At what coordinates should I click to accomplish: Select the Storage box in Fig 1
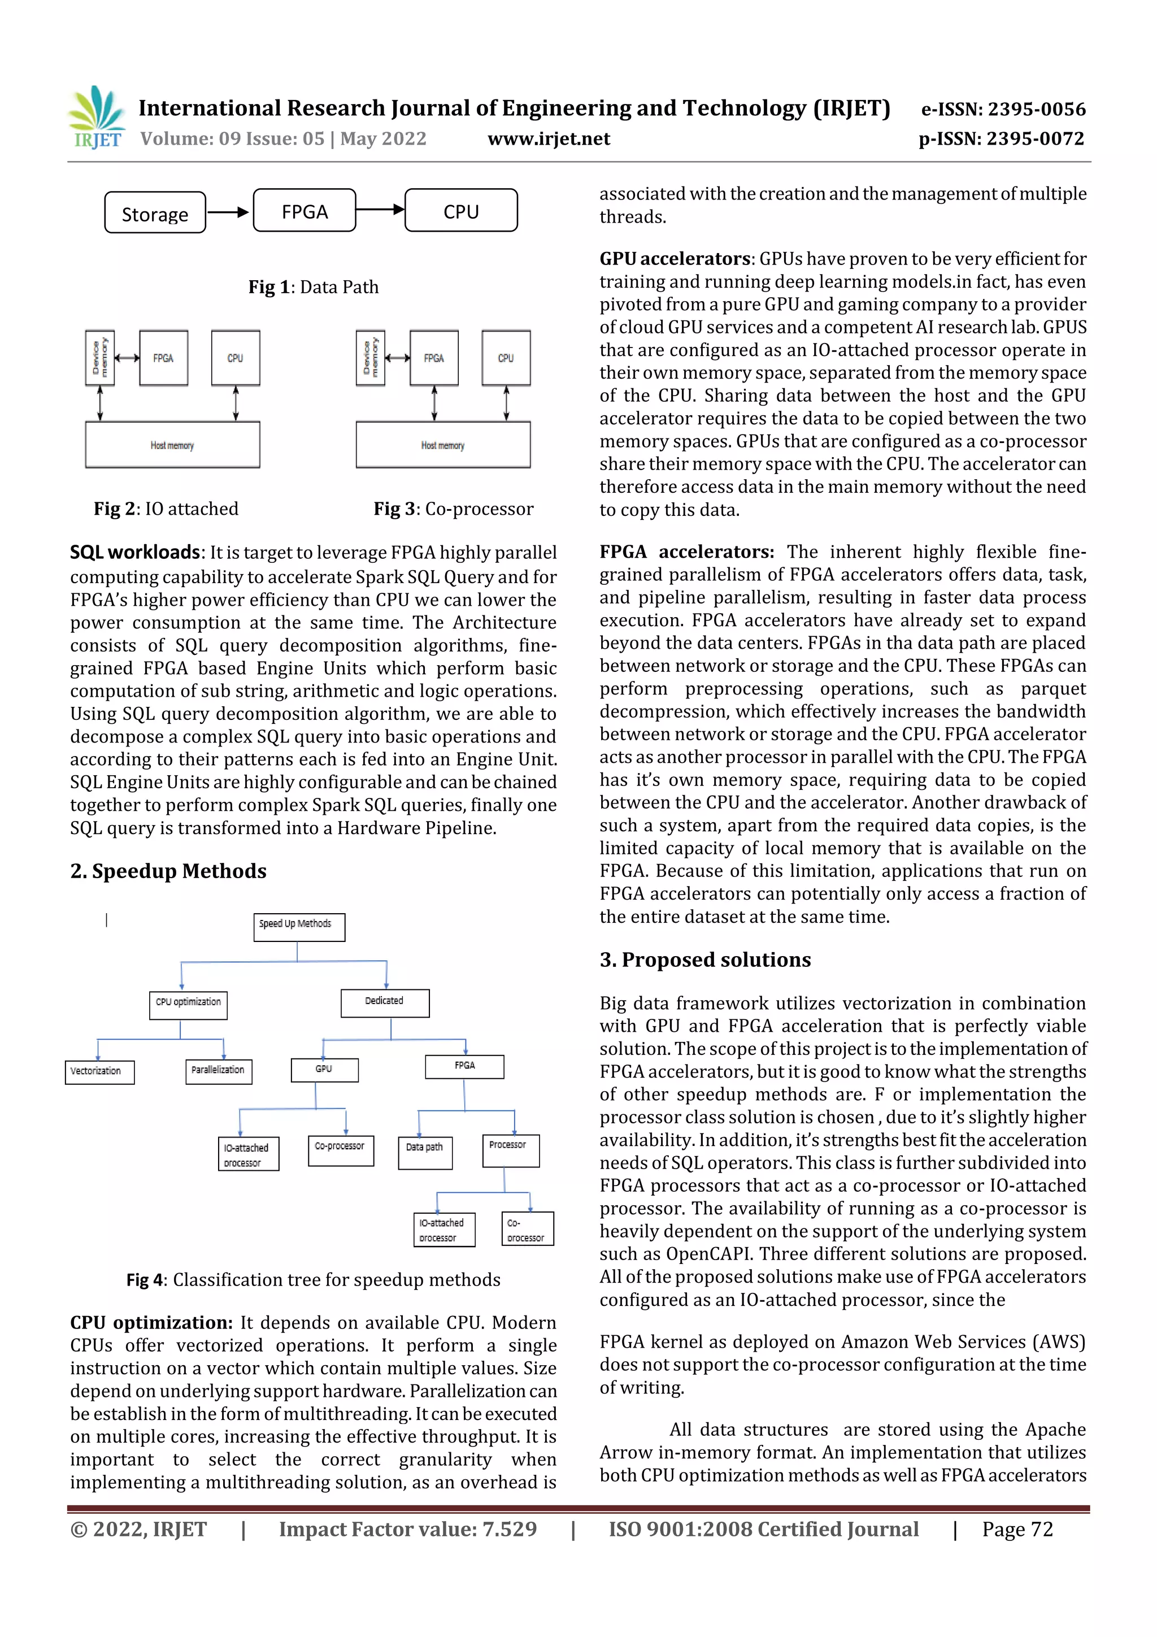pos(155,212)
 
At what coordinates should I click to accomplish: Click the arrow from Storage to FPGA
pos(229,212)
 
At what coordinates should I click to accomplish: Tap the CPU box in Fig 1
pos(460,210)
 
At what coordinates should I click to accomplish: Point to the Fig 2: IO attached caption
pos(166,509)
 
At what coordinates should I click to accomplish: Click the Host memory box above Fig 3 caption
pos(443,445)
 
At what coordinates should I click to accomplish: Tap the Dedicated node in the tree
pos(385,1002)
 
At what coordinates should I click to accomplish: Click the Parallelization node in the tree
pos(218,1071)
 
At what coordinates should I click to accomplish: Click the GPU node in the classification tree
pos(324,1070)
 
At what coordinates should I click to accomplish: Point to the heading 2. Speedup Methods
pos(168,871)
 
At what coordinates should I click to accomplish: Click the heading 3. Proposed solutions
pos(704,959)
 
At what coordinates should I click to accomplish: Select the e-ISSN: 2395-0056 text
pos(1003,109)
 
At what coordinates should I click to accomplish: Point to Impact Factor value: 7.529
pos(408,1529)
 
